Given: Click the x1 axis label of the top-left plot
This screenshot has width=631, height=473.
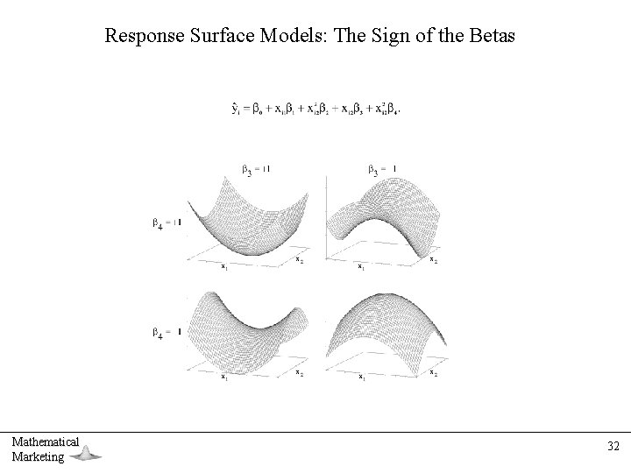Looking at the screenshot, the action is tap(224, 266).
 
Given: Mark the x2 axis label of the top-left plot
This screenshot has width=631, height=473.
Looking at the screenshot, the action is tap(299, 259).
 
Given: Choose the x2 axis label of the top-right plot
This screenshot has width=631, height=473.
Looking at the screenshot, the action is tap(434, 259).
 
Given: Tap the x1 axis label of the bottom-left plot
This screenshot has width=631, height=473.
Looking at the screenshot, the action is tap(224, 377).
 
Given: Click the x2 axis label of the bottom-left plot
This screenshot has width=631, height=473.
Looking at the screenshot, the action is tap(299, 371).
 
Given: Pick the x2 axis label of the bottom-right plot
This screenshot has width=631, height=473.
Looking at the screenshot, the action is tap(434, 371).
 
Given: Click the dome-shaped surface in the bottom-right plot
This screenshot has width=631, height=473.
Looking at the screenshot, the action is tap(386, 324).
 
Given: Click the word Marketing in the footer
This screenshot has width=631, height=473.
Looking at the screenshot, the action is tap(38, 456).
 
